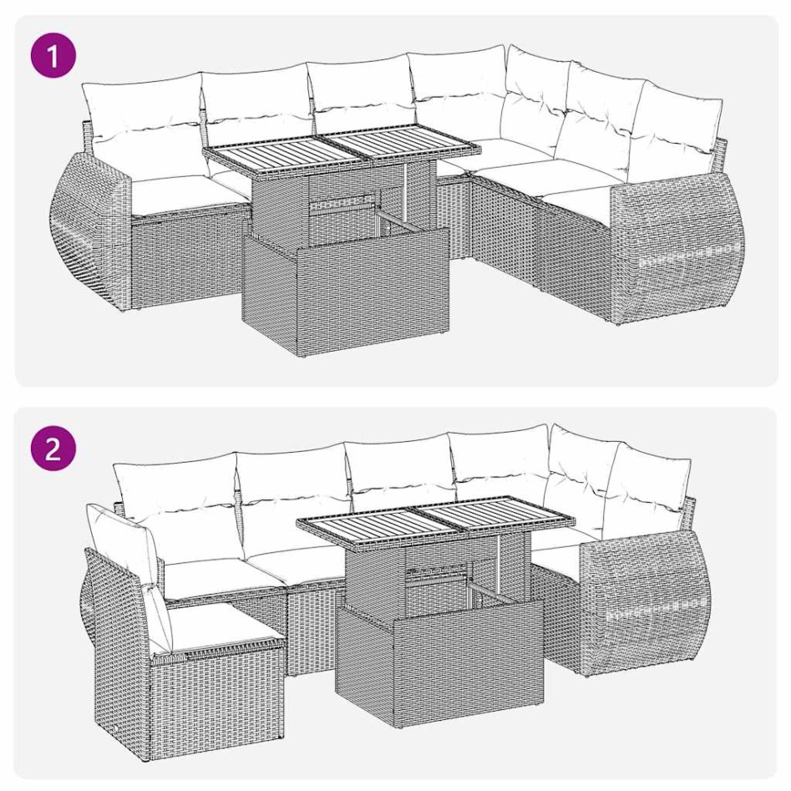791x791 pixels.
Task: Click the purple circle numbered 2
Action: [53, 450]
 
